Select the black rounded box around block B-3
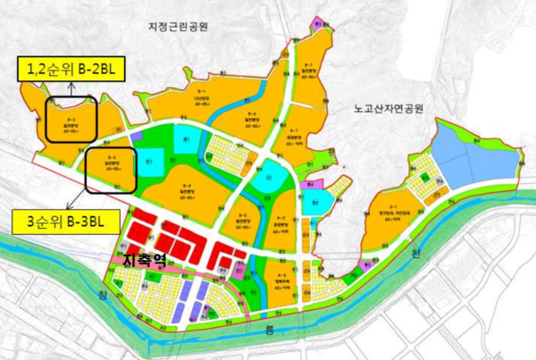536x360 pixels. click(111, 169)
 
